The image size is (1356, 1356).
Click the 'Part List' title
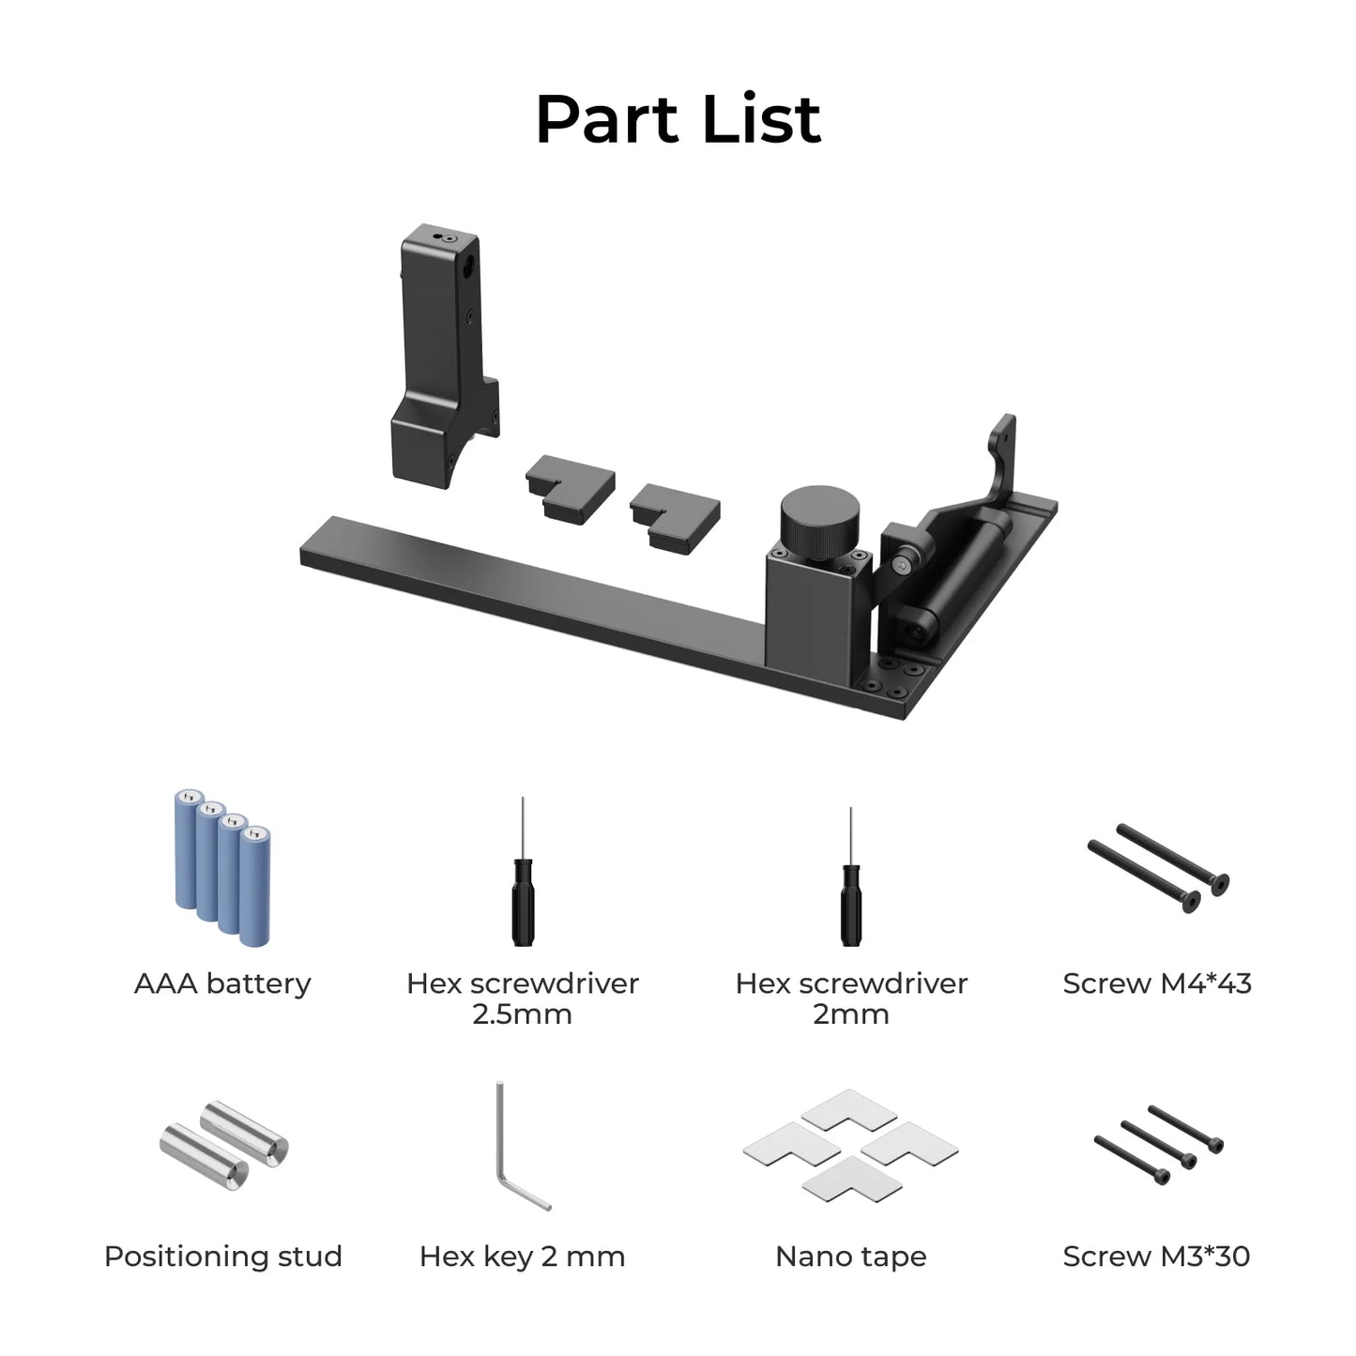tap(678, 119)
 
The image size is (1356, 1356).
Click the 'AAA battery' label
tap(222, 983)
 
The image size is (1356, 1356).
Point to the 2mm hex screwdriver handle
tap(850, 906)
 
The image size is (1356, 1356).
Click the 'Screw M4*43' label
tap(1156, 983)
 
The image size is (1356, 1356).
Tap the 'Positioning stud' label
tap(222, 1257)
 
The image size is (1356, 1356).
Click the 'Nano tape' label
tap(850, 1257)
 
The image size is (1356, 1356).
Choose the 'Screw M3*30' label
tap(1156, 1257)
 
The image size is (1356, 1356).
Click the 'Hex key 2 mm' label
tap(522, 1257)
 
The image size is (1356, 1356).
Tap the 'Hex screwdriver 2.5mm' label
tap(522, 998)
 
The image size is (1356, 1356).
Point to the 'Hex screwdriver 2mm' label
tap(850, 998)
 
